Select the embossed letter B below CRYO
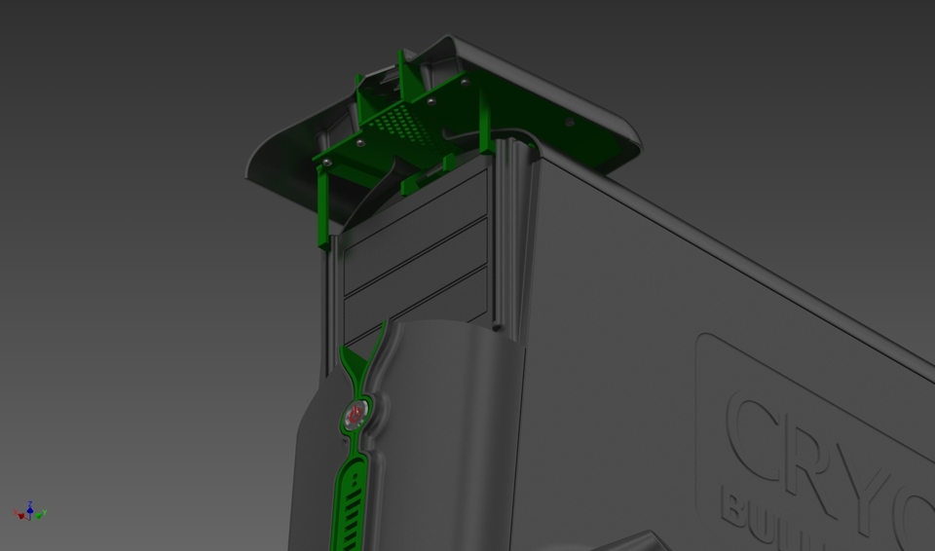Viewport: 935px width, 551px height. (x=736, y=506)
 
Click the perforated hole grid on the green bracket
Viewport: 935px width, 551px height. (x=399, y=123)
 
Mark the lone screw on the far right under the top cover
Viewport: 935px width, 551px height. (x=570, y=123)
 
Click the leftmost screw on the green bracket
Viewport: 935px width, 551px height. (x=327, y=162)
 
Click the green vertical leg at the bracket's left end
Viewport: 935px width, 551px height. (x=321, y=209)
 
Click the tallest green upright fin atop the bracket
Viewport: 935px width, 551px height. (x=400, y=73)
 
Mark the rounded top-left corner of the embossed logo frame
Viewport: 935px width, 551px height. (x=706, y=343)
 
